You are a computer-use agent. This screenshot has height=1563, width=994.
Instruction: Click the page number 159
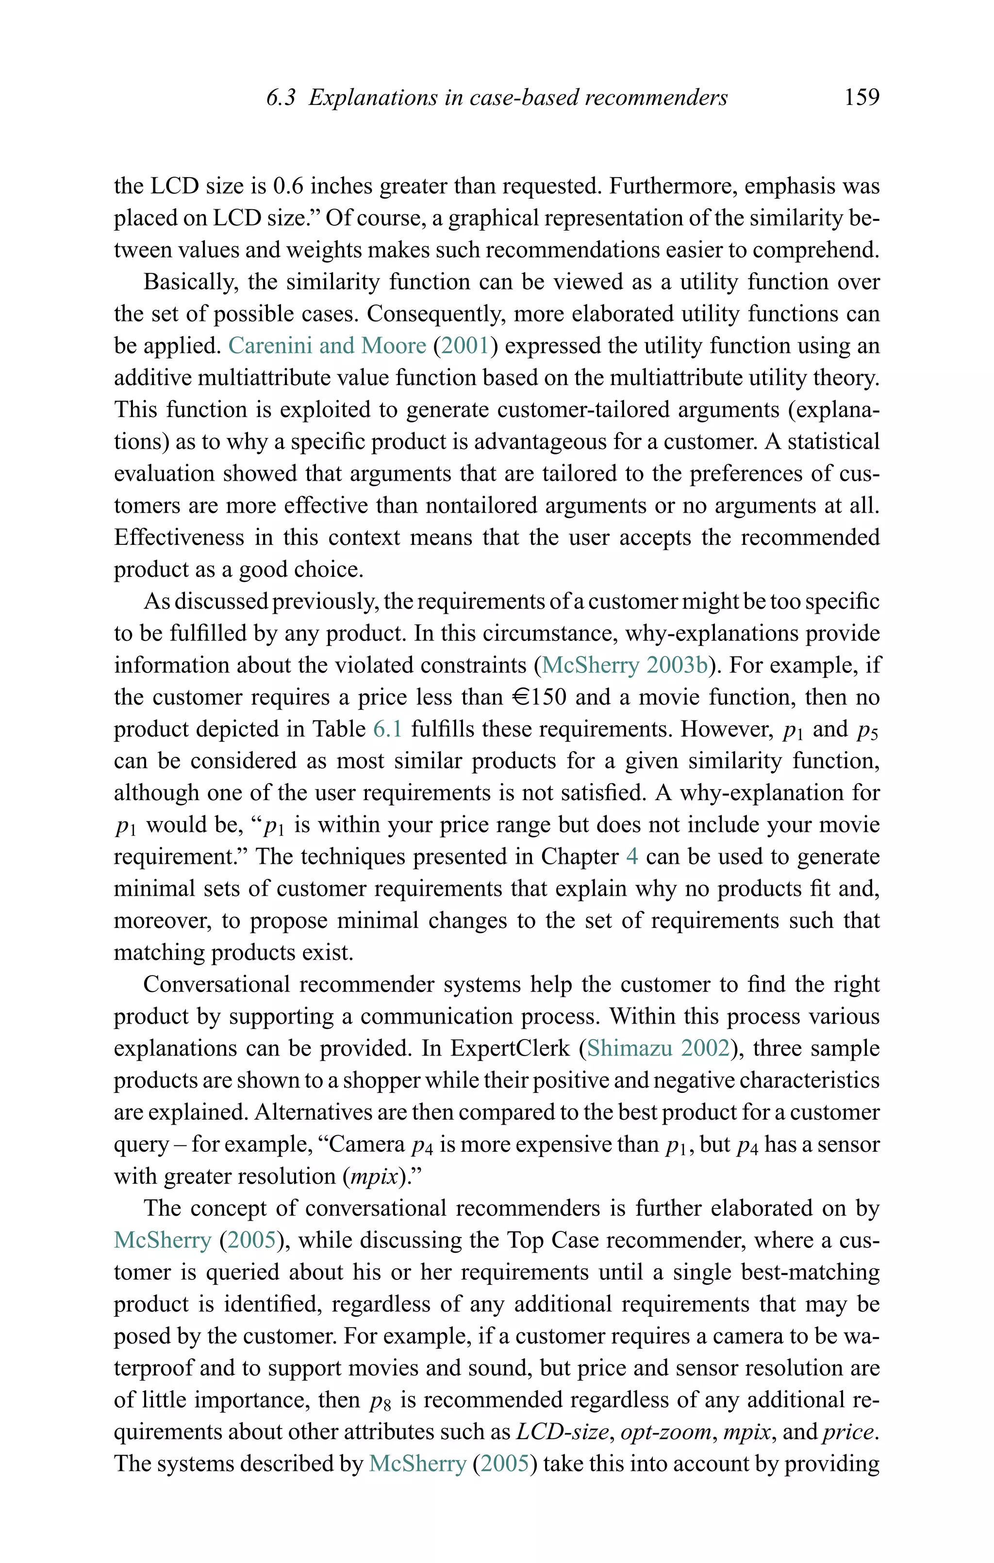[x=861, y=98]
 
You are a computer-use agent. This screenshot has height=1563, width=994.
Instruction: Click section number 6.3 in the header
[x=281, y=98]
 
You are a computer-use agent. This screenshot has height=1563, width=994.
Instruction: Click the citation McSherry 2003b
[x=624, y=665]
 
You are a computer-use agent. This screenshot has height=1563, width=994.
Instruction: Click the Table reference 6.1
[x=387, y=729]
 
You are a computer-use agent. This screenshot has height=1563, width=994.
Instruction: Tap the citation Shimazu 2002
[x=658, y=1048]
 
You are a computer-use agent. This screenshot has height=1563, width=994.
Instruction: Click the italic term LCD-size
[x=563, y=1432]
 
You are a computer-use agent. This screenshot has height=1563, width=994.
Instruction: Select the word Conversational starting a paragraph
[x=216, y=985]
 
